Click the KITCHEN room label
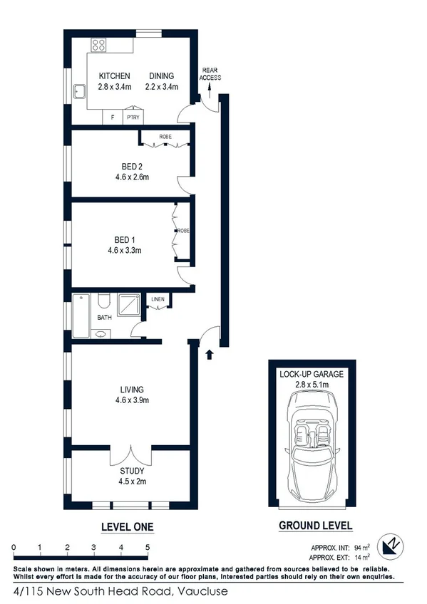coord(114,76)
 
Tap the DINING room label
coord(162,76)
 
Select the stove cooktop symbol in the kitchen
coord(98,45)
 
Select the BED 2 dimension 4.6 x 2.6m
coord(129,177)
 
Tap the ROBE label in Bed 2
coord(165,136)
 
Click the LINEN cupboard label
coord(158,300)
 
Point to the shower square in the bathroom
coord(130,305)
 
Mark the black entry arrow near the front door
coord(209,354)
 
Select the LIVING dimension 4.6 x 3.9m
coord(132,400)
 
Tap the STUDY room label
coord(133,471)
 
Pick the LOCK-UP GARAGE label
coord(312,374)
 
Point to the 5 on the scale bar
coord(148,546)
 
